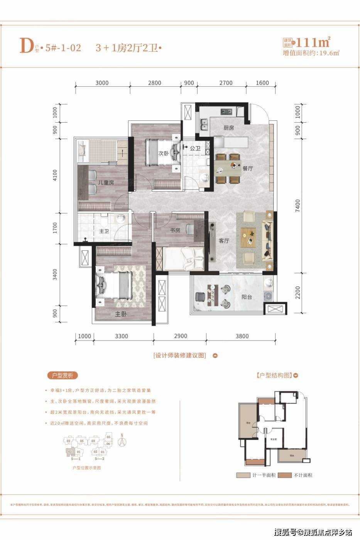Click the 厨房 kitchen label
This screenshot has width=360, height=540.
(x=228, y=128)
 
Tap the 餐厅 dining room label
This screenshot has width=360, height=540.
(x=247, y=169)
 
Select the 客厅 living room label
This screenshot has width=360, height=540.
(x=224, y=241)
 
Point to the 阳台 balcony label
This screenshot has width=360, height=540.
(x=247, y=297)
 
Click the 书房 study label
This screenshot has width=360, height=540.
(x=175, y=230)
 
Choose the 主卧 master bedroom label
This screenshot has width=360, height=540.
(x=121, y=314)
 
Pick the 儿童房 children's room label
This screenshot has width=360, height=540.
(x=106, y=182)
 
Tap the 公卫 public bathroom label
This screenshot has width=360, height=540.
(x=195, y=148)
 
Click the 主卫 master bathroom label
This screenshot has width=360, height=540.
(x=104, y=231)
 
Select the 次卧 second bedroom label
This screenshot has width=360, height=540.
(x=164, y=153)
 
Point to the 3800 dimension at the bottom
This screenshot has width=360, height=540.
(x=242, y=336)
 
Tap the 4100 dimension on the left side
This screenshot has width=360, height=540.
(x=55, y=175)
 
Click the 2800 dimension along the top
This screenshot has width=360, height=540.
(x=154, y=83)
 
